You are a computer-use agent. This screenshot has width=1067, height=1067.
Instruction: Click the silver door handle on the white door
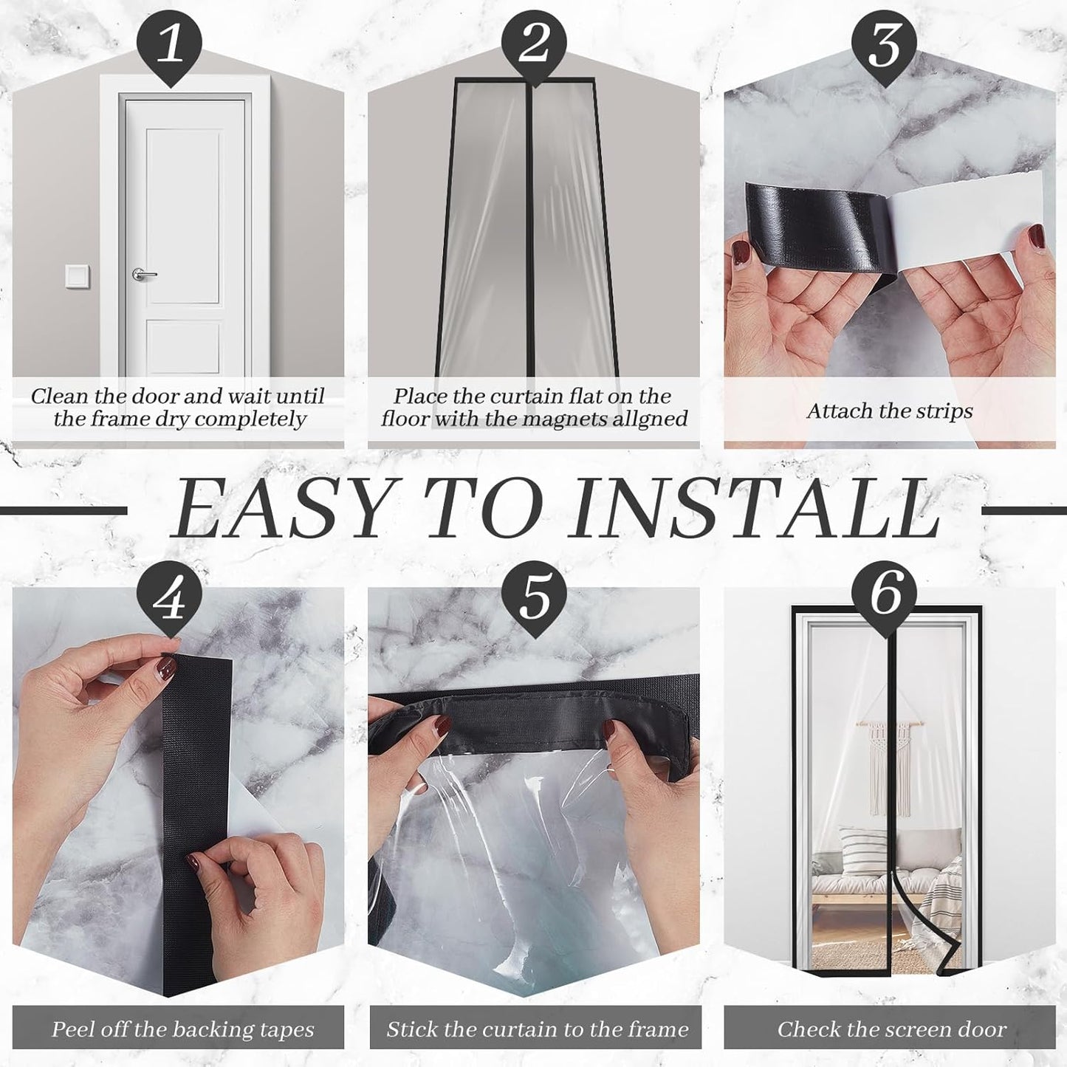click(143, 275)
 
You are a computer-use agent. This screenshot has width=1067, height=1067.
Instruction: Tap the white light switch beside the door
click(77, 276)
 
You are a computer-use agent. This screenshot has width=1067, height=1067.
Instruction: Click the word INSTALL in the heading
click(757, 510)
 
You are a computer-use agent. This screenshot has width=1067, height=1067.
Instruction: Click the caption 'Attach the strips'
click(889, 411)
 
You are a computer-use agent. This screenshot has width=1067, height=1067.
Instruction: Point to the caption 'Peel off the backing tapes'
click(182, 1029)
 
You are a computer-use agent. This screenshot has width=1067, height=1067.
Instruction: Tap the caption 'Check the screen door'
click(891, 1029)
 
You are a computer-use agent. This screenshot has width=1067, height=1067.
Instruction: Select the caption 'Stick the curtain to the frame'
click(537, 1029)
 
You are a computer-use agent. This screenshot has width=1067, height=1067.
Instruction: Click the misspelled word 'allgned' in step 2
click(645, 419)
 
